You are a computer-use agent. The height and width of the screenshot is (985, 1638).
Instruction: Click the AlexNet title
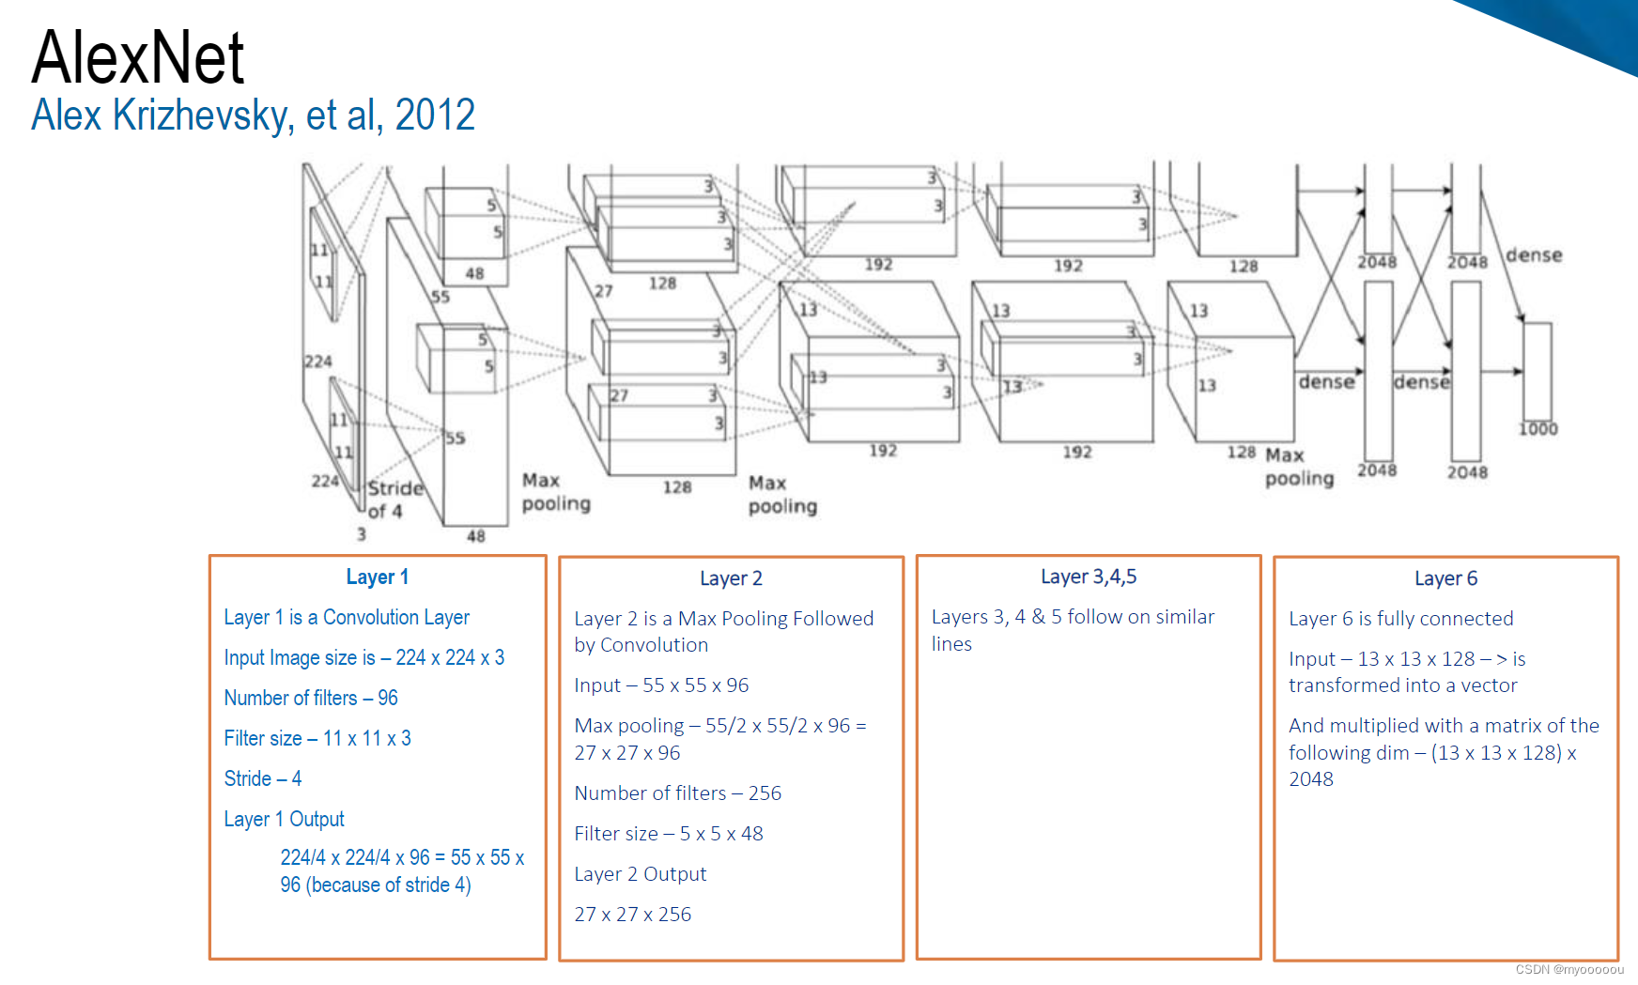137,57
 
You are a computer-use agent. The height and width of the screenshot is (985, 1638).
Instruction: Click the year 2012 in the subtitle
435,115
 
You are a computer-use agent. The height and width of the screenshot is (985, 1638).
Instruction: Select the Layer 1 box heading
377,577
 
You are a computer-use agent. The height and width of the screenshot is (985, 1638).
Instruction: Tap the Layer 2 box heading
731,578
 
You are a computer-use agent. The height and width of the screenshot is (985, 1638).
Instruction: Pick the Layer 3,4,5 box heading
1088,577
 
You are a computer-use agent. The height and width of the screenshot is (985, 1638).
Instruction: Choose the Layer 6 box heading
1445,578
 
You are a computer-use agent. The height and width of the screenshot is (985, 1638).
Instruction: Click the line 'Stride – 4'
262,778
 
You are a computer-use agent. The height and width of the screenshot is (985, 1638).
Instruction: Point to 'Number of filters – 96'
310,698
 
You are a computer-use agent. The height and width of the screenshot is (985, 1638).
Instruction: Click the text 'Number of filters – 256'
677,793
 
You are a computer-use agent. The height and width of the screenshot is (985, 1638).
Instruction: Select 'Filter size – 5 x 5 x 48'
668,834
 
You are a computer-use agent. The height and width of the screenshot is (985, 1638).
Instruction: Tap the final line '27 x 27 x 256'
632,915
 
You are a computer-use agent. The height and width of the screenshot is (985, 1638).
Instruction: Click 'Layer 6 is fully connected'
1400,619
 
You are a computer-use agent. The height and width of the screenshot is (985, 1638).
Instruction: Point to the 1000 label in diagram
1538,429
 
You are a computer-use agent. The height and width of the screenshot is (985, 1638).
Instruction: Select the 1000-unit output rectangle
1537,371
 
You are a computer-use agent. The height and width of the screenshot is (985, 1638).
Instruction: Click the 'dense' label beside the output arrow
1534,255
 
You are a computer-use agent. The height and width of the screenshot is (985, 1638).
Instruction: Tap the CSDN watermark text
1568,969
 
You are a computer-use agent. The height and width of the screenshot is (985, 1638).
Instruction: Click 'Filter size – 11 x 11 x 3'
317,738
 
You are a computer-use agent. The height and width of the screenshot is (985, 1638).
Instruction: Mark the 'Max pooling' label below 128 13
1298,467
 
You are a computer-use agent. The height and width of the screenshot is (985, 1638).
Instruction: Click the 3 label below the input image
361,533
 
